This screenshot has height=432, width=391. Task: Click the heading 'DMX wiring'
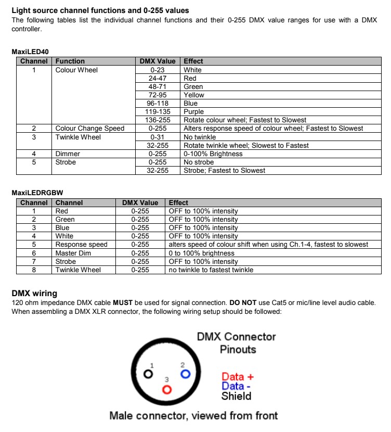[34, 294]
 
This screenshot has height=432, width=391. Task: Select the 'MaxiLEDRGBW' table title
[37, 193]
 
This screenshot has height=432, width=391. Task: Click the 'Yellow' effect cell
[194, 95]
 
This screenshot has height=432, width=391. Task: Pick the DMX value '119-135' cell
[158, 112]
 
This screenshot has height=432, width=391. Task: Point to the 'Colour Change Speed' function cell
[90, 129]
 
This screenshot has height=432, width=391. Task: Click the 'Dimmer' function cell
[68, 154]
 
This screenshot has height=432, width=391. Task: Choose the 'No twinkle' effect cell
[200, 137]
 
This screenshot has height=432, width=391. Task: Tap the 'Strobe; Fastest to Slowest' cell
[224, 171]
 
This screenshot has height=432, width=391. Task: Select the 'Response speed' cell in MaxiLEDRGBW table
[82, 245]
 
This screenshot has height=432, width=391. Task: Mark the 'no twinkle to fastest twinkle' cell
[211, 270]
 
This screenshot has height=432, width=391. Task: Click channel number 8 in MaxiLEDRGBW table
[34, 270]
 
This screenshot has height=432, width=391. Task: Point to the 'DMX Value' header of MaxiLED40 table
[158, 61]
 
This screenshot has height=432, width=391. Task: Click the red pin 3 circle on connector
[167, 389]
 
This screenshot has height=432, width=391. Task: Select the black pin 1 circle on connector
[149, 374]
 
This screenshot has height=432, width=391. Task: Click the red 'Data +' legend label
[237, 376]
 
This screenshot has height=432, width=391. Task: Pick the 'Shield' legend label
[236, 396]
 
